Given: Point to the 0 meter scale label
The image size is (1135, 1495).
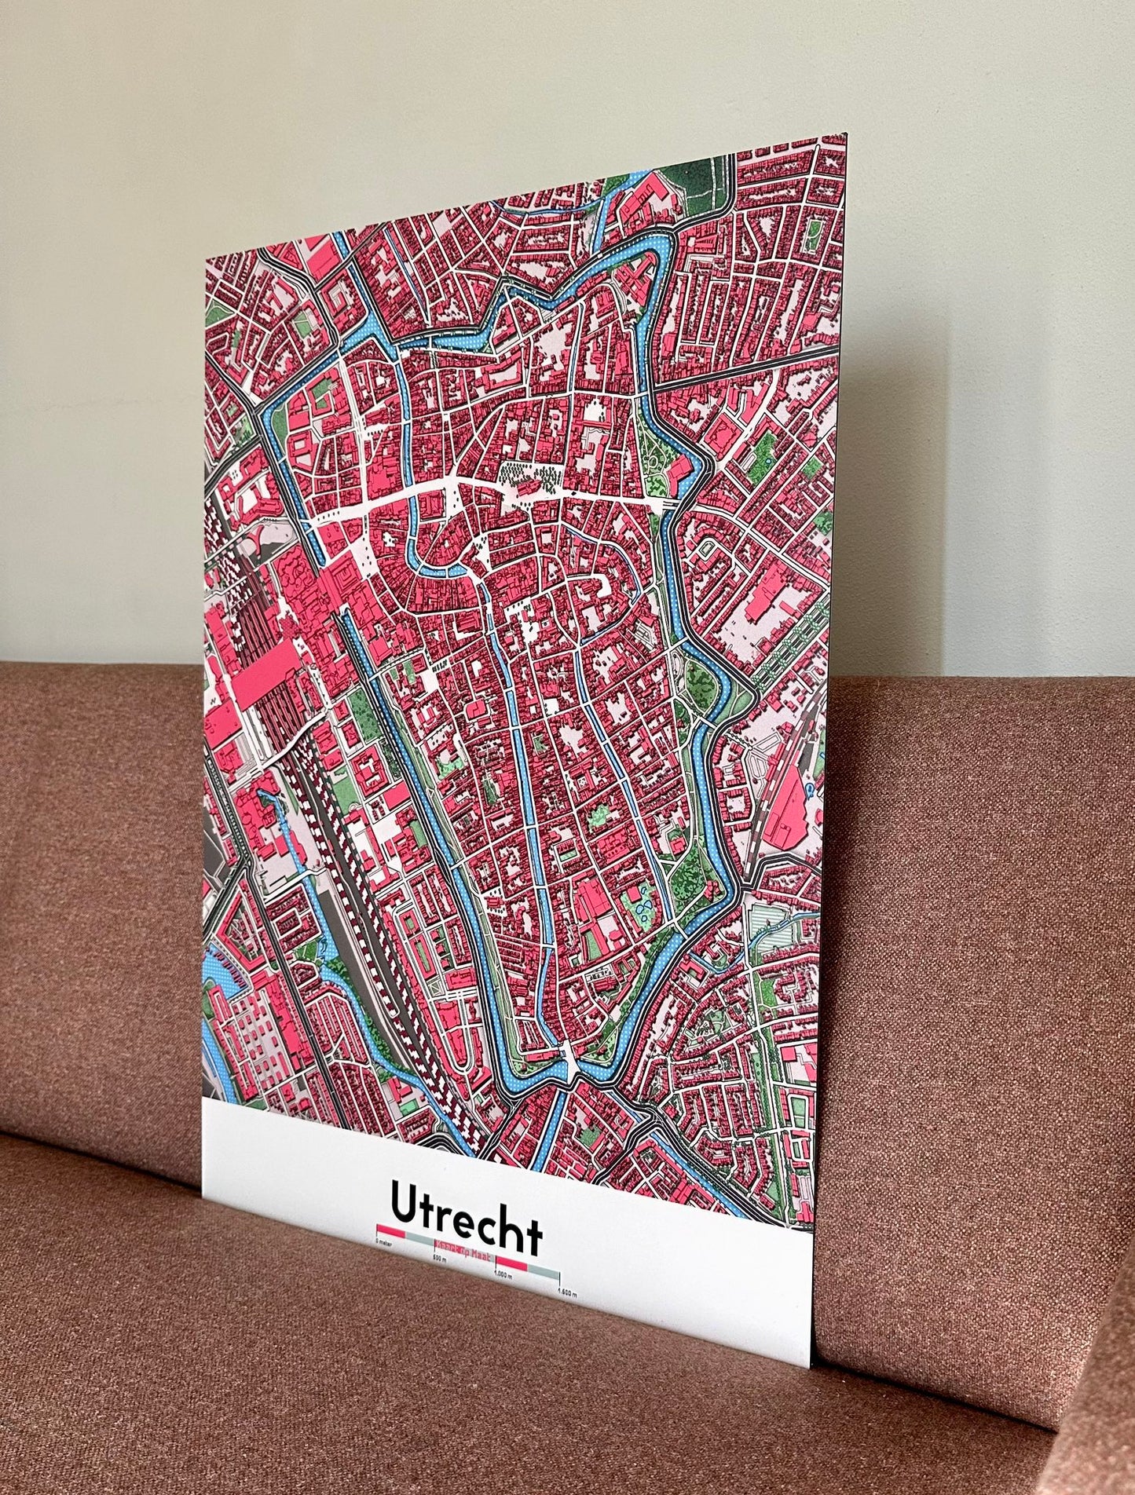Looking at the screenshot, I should coord(385,1242).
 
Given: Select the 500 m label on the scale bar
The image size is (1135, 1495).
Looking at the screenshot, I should coord(439,1259).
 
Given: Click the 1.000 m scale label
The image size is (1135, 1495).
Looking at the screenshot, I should coord(503,1275).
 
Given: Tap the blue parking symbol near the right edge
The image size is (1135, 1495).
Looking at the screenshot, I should coord(809,791).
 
